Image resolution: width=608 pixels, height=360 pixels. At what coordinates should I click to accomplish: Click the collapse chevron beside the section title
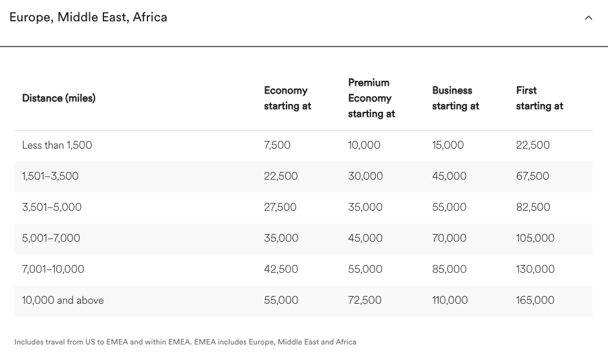588,18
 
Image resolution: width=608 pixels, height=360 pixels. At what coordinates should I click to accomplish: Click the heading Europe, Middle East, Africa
88,17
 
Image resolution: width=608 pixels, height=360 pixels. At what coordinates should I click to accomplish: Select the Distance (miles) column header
59,98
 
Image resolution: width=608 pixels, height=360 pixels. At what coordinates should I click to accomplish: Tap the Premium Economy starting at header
371,98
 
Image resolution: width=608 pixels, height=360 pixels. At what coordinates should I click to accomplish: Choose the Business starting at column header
455,98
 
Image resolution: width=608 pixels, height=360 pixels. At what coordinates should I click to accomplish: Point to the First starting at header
539,98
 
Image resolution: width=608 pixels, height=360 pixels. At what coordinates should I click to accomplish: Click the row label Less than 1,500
57,145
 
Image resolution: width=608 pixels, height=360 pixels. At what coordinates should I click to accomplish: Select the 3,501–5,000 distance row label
52,207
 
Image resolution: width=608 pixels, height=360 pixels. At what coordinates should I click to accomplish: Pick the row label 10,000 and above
63,301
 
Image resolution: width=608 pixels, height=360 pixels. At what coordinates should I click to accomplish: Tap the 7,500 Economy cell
277,145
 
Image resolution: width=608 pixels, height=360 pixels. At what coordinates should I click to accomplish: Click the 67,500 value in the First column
532,176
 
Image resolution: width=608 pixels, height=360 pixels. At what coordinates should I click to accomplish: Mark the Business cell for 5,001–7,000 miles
449,238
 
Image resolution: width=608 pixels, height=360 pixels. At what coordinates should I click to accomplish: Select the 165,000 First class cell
535,301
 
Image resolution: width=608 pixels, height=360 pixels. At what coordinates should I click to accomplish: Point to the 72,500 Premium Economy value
365,301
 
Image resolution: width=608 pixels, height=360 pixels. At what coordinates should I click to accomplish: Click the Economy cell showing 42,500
281,270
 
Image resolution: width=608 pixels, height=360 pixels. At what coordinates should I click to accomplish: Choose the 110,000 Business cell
450,301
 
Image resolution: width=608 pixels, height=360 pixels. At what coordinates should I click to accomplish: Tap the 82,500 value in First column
533,207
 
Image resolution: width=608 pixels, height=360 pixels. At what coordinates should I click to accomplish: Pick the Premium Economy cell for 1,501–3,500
365,176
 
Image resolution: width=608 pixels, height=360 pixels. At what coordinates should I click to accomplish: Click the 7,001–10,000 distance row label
53,270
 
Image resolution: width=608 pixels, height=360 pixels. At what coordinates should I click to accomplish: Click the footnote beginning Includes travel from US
185,342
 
